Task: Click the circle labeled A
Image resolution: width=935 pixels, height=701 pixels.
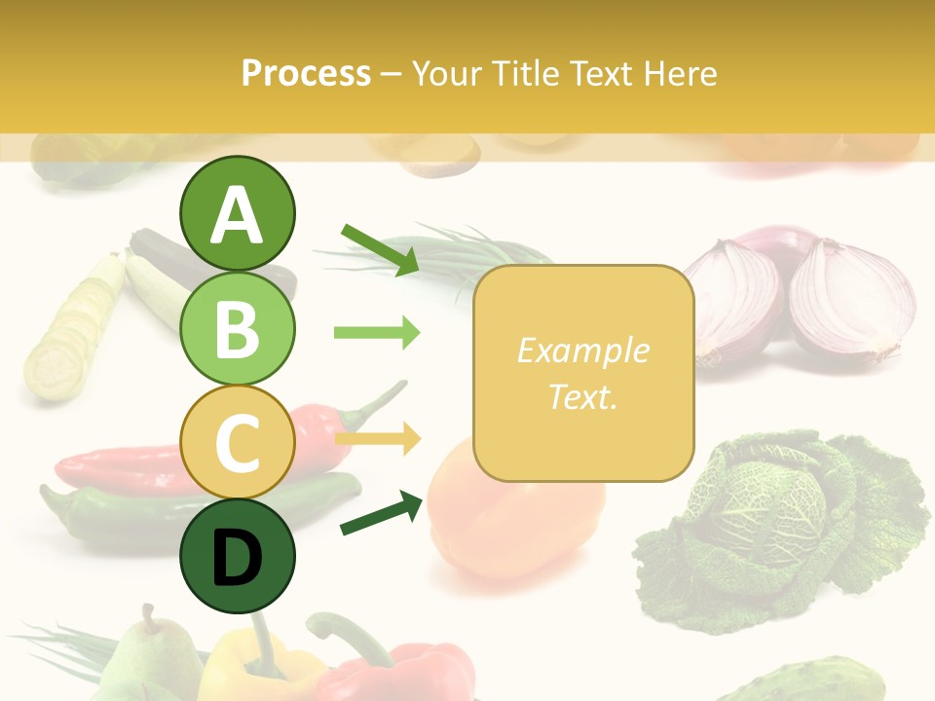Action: coord(237,213)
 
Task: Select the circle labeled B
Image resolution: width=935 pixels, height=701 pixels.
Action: coord(237,328)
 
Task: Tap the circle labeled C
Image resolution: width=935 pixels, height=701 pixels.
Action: coord(237,442)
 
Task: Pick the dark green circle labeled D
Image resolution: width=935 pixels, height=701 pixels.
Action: coord(237,556)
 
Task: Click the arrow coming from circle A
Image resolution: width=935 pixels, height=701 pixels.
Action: coord(380,249)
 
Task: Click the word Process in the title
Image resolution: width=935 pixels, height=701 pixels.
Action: coord(306,73)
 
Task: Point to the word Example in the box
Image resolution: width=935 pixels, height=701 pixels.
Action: coord(582,350)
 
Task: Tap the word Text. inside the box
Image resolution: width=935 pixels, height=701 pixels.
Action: coord(582,396)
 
